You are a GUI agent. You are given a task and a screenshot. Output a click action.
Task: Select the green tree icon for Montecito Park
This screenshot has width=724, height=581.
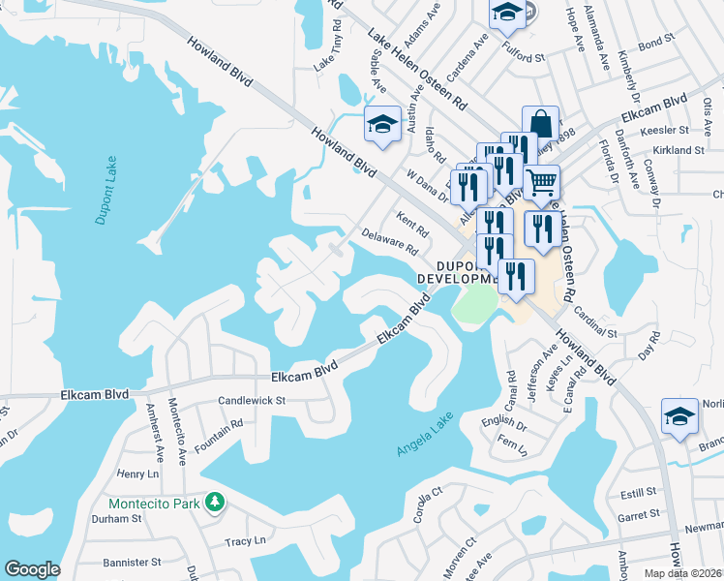[x=218, y=503]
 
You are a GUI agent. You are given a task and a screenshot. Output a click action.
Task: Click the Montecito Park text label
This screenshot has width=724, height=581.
[x=155, y=504]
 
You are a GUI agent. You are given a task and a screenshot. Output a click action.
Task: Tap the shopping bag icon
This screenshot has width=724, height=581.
[x=541, y=125]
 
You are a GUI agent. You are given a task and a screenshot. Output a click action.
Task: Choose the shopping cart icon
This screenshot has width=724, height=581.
[x=541, y=180]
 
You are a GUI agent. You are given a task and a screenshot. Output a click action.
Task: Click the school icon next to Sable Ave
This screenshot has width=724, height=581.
[x=382, y=124]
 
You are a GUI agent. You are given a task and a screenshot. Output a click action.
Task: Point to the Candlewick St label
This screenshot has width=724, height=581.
[x=253, y=399]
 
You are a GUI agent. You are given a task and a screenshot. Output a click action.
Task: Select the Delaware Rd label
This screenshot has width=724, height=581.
[x=389, y=242]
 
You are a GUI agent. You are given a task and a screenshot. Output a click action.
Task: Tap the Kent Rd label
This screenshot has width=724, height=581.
[x=412, y=225]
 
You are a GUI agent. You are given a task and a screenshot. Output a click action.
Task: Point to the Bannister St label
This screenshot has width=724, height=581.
[x=129, y=562]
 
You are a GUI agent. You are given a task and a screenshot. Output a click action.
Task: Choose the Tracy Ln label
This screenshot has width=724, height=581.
[x=243, y=542]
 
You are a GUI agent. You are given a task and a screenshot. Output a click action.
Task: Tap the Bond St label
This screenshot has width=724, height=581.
[x=655, y=43]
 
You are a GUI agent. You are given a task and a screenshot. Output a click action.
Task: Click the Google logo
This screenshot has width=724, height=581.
[x=32, y=569]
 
